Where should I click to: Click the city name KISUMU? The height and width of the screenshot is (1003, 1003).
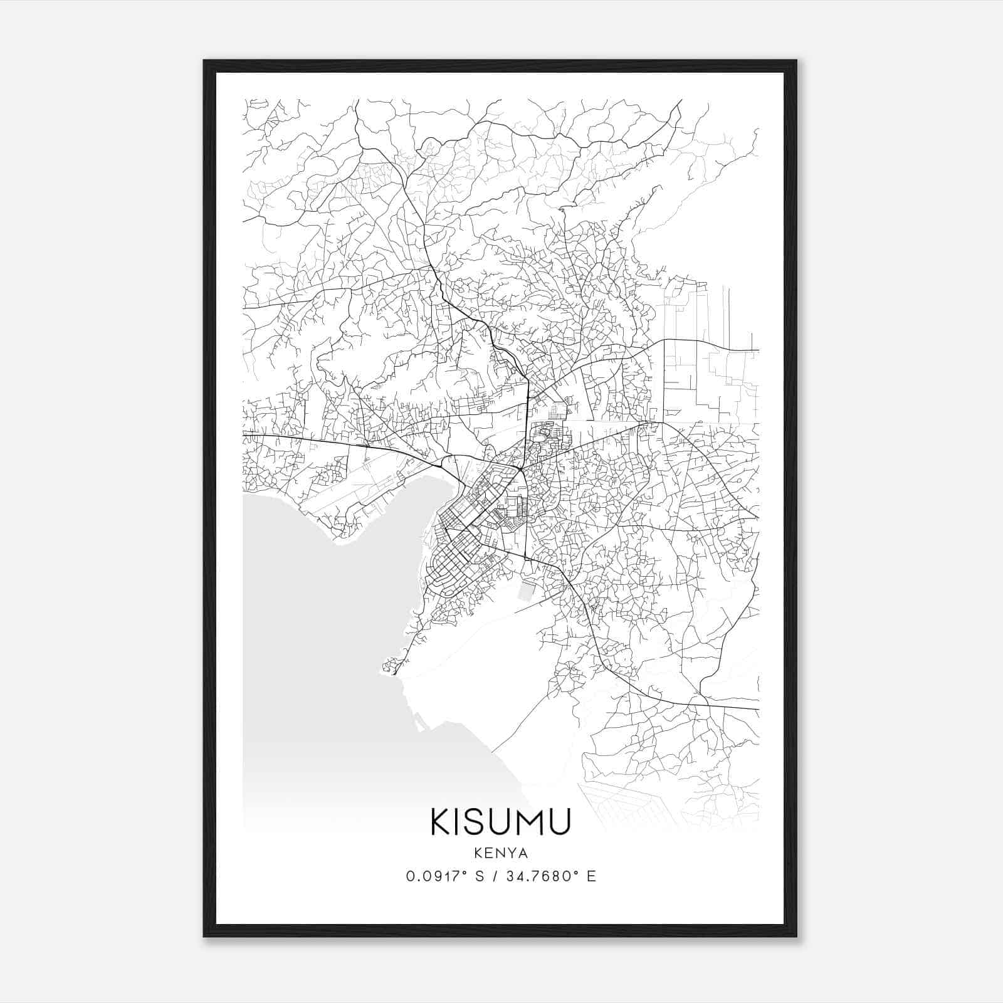click(x=500, y=822)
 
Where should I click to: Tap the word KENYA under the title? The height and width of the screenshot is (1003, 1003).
click(x=501, y=853)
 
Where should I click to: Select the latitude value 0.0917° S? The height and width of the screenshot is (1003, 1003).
click(x=444, y=876)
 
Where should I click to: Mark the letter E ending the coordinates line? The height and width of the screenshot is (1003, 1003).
click(x=591, y=876)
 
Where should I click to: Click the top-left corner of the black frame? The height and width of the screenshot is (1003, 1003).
click(x=204, y=61)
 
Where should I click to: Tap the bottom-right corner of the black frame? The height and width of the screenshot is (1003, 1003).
click(x=796, y=937)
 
